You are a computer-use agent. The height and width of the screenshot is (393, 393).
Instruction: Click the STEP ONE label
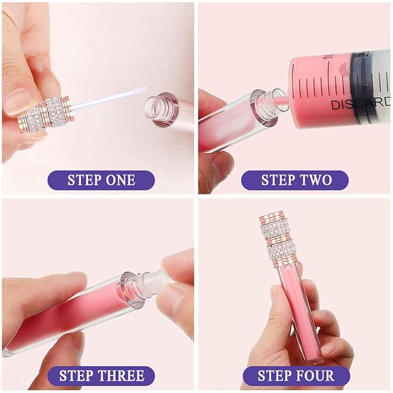pyautogui.click(x=101, y=180)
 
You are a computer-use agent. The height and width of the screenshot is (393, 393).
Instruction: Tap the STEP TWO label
pyautogui.click(x=295, y=180)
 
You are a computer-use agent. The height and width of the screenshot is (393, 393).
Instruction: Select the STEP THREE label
pyautogui.click(x=101, y=376)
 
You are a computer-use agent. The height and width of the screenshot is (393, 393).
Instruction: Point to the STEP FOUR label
pyautogui.click(x=296, y=376)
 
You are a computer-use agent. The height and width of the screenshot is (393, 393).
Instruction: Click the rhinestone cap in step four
pyautogui.click(x=280, y=238)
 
